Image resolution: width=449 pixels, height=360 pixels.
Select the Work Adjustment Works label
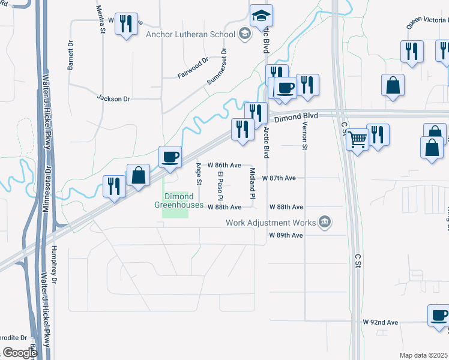(271, 223)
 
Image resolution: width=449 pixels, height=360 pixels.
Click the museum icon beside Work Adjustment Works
(325, 223)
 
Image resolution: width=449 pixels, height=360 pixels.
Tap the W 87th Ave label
(283, 178)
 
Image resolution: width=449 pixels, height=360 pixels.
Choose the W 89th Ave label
(286, 235)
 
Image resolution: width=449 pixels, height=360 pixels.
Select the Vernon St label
(305, 139)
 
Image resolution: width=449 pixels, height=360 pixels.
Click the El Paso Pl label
(220, 185)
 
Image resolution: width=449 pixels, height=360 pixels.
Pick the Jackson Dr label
(113, 98)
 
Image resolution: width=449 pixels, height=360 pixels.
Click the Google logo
(20, 353)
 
